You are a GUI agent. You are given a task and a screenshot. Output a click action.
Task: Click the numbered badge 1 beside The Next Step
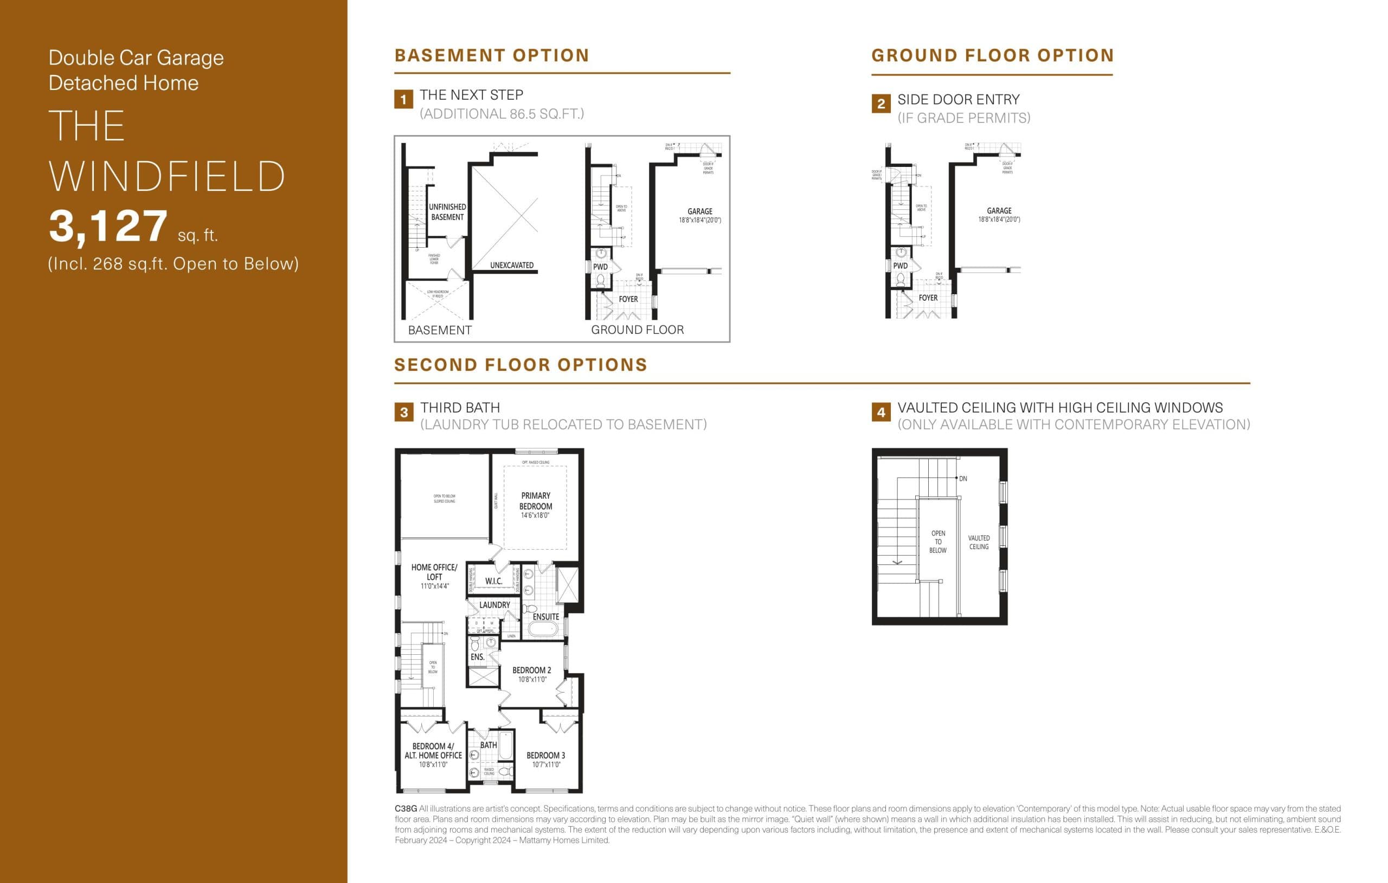click(x=403, y=99)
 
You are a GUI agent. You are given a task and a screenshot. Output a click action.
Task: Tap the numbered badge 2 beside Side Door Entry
click(x=881, y=104)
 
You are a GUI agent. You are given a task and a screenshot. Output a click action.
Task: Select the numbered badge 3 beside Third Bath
click(x=403, y=412)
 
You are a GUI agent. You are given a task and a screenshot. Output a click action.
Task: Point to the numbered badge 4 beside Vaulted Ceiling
click(x=881, y=412)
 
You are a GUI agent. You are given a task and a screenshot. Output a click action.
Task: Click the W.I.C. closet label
click(x=493, y=581)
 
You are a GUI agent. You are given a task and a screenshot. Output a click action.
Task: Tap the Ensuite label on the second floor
click(x=545, y=617)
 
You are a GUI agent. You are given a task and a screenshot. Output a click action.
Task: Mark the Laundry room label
click(x=494, y=604)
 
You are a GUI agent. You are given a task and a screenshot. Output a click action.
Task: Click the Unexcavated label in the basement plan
click(x=511, y=265)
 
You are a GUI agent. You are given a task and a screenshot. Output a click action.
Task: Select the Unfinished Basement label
click(x=447, y=211)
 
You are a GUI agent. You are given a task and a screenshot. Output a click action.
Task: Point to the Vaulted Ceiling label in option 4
click(x=978, y=543)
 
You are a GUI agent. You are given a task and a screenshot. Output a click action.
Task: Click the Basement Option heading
click(x=492, y=55)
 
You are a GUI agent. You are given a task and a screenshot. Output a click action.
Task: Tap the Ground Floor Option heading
click(x=993, y=55)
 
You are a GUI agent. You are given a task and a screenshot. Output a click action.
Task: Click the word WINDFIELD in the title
click(x=167, y=176)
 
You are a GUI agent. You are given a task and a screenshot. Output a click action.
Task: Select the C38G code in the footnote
click(x=405, y=809)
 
